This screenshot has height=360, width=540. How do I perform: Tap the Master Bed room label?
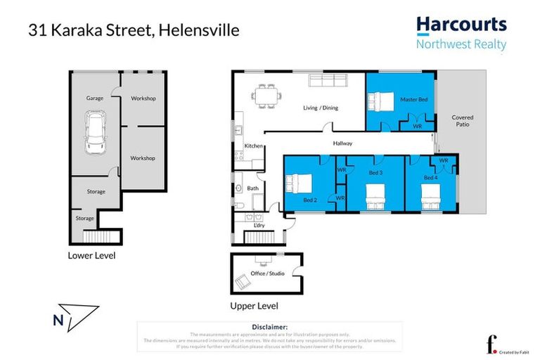point(413,100)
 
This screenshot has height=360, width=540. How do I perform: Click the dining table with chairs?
point(266,95)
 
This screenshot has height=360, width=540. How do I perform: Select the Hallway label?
point(342,143)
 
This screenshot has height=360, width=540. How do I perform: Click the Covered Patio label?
point(462,121)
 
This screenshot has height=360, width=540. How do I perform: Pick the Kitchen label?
point(253,146)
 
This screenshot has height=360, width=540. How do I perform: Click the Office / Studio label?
point(268,273)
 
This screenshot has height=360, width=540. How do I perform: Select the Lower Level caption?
point(91,255)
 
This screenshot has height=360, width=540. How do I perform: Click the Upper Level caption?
point(255,306)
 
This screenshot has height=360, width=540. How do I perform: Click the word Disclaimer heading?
point(269,327)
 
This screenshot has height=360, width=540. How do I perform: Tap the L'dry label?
point(259,225)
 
